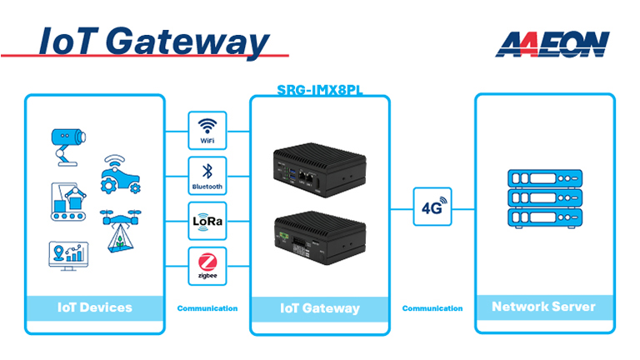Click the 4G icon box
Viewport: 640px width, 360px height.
(x=432, y=206)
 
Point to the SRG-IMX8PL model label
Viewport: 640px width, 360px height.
(x=319, y=89)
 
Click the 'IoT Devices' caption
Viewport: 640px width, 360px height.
(x=95, y=307)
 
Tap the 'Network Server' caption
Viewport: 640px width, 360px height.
(x=543, y=307)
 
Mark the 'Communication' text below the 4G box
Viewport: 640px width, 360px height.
(x=432, y=308)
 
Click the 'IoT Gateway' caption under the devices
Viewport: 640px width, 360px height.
(x=320, y=308)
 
